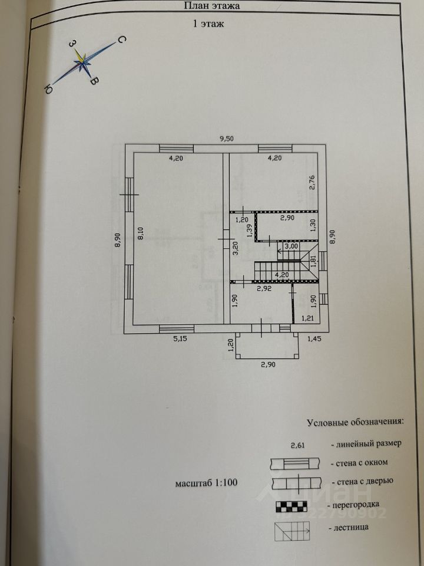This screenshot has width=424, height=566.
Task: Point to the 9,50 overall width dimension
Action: coord(227,139)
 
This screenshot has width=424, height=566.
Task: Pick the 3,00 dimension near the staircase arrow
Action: coord(291,246)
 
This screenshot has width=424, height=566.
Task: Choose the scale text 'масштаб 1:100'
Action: coord(206,483)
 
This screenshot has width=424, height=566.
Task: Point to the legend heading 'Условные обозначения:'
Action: coord(355,422)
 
